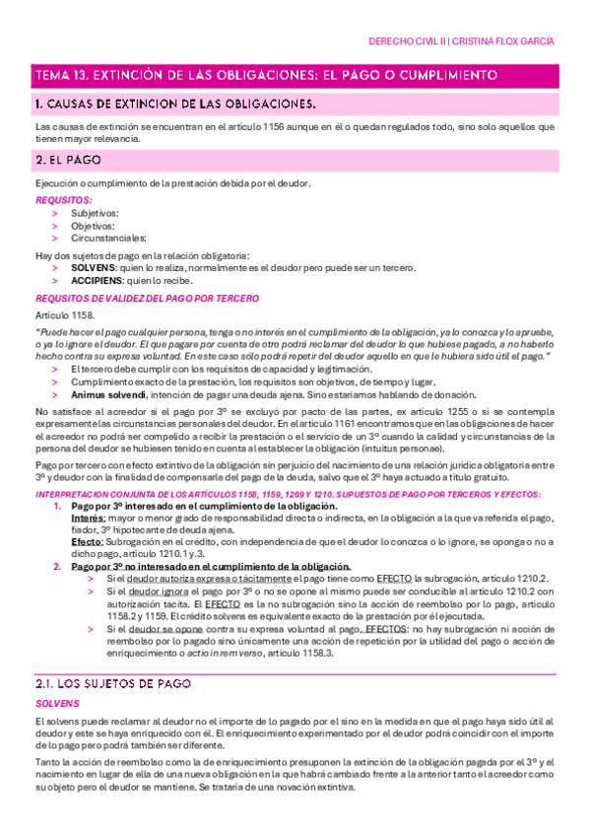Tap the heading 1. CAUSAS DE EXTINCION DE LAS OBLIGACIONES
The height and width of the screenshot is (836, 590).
pos(175,104)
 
